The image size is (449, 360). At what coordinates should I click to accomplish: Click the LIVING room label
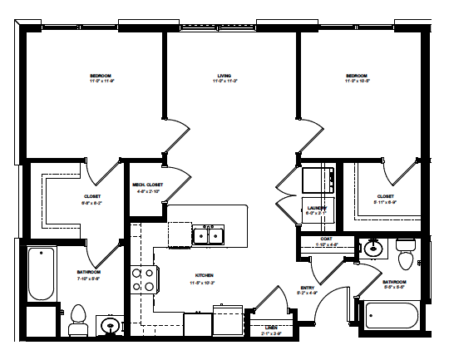tap(224, 76)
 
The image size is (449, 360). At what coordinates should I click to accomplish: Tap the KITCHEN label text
tap(204, 277)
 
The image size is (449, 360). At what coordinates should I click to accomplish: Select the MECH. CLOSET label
tap(147, 185)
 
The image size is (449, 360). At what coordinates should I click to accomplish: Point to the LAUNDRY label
tap(317, 207)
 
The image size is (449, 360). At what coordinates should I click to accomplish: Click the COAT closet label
tap(327, 239)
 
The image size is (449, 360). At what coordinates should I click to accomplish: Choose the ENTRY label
tap(307, 288)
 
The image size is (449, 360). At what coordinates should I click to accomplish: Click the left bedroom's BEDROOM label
tap(101, 76)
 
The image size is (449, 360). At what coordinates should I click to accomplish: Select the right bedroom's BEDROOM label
tap(357, 76)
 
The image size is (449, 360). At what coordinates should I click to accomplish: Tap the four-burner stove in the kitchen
tap(142, 279)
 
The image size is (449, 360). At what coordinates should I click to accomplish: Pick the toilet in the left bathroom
tap(78, 318)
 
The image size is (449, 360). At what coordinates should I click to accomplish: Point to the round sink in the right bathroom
tap(373, 247)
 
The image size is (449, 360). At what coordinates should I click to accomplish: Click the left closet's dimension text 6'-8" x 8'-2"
tap(91, 202)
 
